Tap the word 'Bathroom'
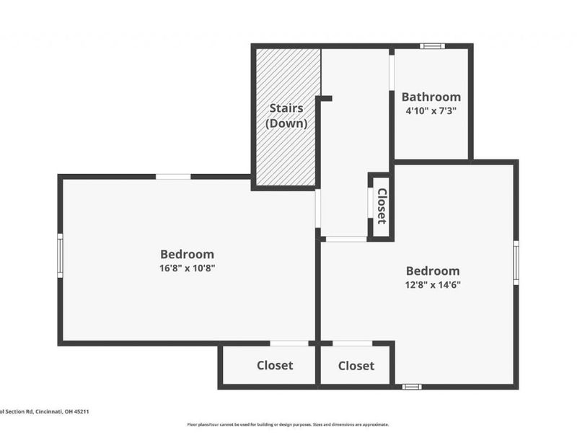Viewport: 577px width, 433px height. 431,97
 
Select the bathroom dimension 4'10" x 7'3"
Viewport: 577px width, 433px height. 431,111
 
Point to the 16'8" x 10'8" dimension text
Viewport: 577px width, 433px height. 187,268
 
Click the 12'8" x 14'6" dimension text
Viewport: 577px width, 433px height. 432,284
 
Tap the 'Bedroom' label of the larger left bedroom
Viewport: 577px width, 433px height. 187,254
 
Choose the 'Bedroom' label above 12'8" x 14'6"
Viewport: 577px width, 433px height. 432,271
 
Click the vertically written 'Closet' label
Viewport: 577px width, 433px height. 382,206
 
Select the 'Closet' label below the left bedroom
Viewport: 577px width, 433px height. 275,365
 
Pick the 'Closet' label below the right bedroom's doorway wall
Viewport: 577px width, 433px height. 356,366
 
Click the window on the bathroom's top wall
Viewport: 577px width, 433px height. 433,46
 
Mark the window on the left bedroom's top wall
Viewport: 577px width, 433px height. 173,176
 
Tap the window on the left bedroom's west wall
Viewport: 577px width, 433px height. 60,255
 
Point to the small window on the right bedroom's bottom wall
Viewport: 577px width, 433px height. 411,387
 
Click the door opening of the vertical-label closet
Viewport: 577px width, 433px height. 370,206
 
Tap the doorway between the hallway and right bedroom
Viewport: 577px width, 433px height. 346,238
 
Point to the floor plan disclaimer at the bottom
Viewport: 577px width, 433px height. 288,424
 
